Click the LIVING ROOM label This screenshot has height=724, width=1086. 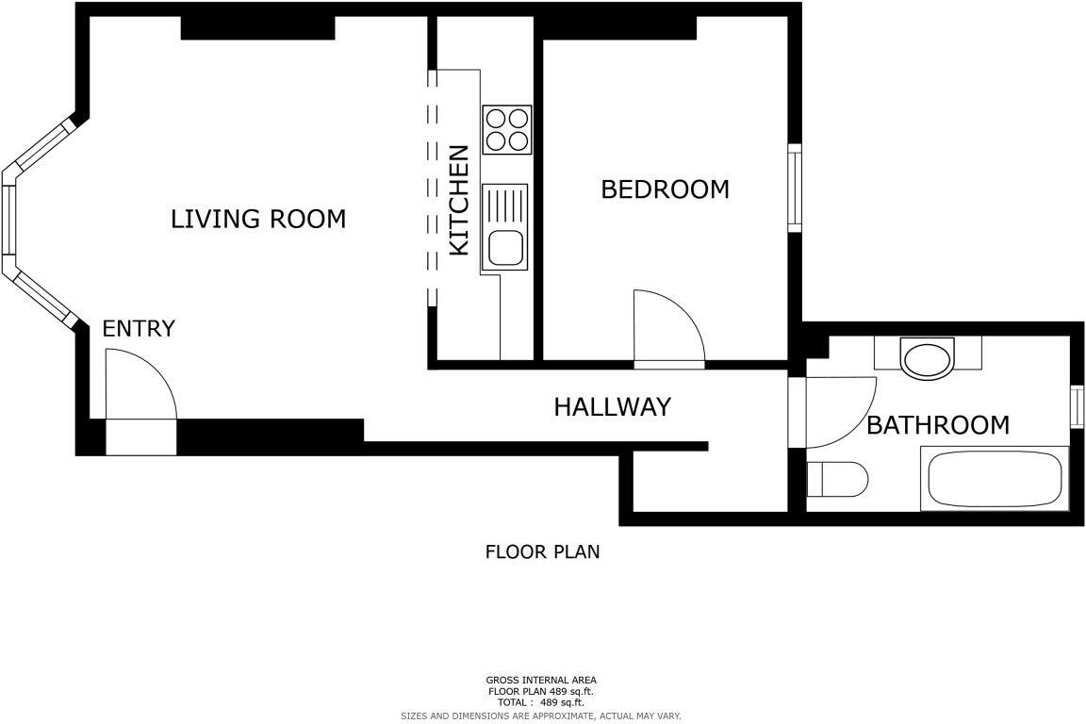[x=257, y=219]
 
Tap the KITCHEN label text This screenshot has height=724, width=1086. [x=459, y=200]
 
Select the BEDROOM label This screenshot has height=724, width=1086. [x=665, y=189]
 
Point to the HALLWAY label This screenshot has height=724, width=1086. [x=612, y=407]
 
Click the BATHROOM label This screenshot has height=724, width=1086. [x=937, y=425]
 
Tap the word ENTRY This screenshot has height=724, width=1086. [x=139, y=329]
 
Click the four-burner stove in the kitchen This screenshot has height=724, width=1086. [x=507, y=130]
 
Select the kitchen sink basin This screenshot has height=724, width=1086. [x=505, y=248]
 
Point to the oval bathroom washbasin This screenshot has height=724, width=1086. [x=928, y=359]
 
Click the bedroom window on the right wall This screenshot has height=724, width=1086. [x=795, y=188]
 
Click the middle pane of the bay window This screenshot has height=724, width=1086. [x=8, y=220]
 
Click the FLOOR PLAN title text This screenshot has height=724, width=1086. [x=542, y=552]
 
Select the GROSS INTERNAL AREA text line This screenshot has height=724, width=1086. [x=541, y=680]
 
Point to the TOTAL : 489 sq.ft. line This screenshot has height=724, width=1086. [x=541, y=702]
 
